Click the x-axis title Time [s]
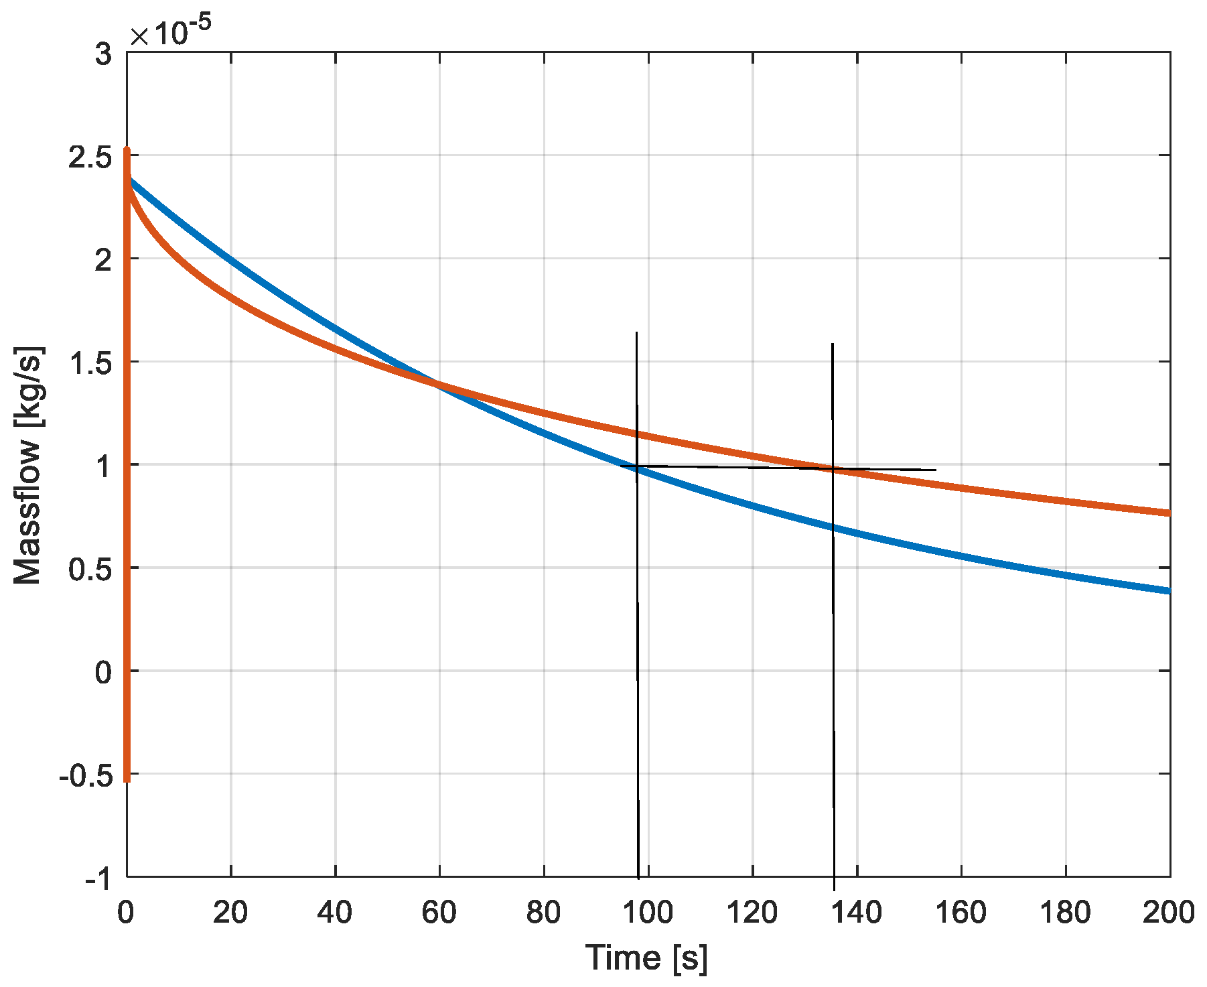[x=646, y=958]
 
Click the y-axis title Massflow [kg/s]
[x=28, y=466]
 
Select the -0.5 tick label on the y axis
[x=85, y=775]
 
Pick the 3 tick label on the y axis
[x=103, y=54]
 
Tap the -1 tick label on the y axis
[x=98, y=878]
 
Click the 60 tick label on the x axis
[x=439, y=913]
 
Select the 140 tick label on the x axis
[x=857, y=913]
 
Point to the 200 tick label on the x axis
[x=1169, y=913]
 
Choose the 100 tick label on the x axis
[x=648, y=913]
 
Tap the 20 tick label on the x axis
[x=230, y=913]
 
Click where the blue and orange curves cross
[x=439, y=384]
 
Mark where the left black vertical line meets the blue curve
[x=637, y=470]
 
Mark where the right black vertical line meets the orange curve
[x=833, y=469]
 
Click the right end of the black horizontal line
[x=936, y=470]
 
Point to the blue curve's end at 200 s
[x=1168, y=590]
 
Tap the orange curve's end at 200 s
[x=1168, y=513]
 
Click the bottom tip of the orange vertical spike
[x=127, y=780]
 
